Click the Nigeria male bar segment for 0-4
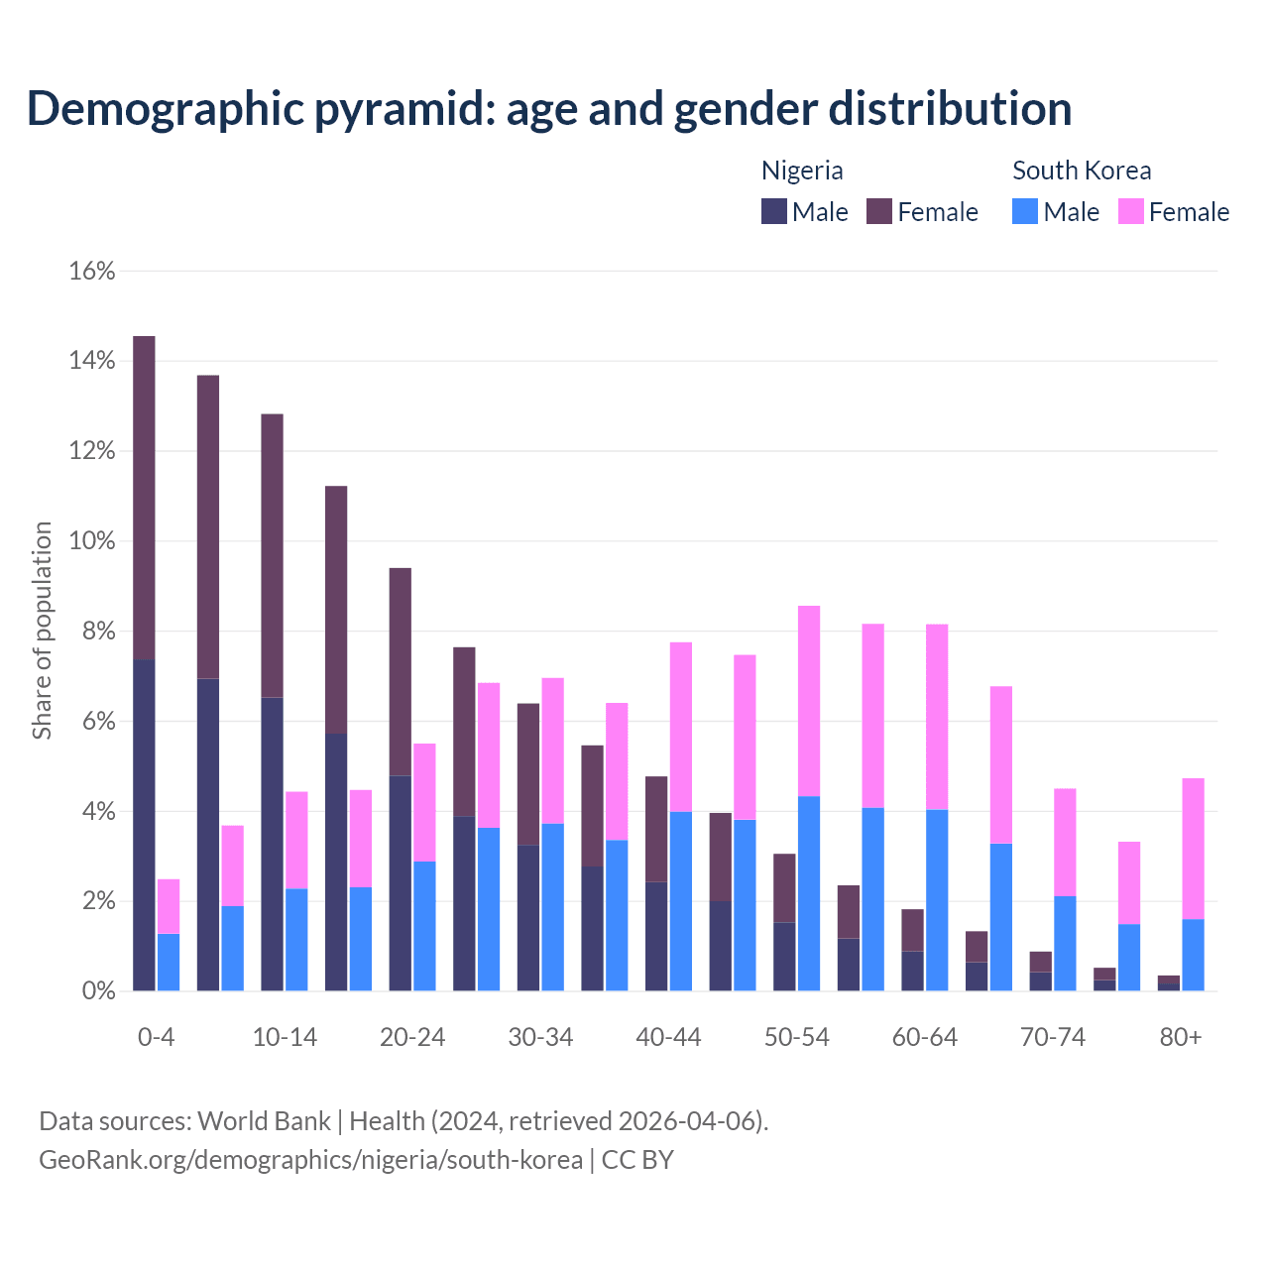click(x=144, y=825)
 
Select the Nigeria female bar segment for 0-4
click(x=144, y=498)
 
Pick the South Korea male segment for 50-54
click(x=809, y=893)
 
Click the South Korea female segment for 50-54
click(x=809, y=701)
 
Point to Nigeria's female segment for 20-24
click(x=400, y=671)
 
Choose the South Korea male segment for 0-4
click(x=169, y=962)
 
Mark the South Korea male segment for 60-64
click(x=937, y=900)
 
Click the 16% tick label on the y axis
click(x=92, y=272)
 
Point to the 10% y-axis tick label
click(x=92, y=541)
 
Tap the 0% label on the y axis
click(x=97, y=990)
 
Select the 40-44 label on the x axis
click(x=668, y=1037)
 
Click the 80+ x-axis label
click(x=1181, y=1037)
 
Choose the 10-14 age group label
click(x=285, y=1037)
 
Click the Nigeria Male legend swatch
click(x=774, y=211)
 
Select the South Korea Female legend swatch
click(x=1131, y=211)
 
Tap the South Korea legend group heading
click(x=1082, y=171)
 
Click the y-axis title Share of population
click(x=43, y=631)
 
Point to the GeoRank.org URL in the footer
click(x=310, y=1159)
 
